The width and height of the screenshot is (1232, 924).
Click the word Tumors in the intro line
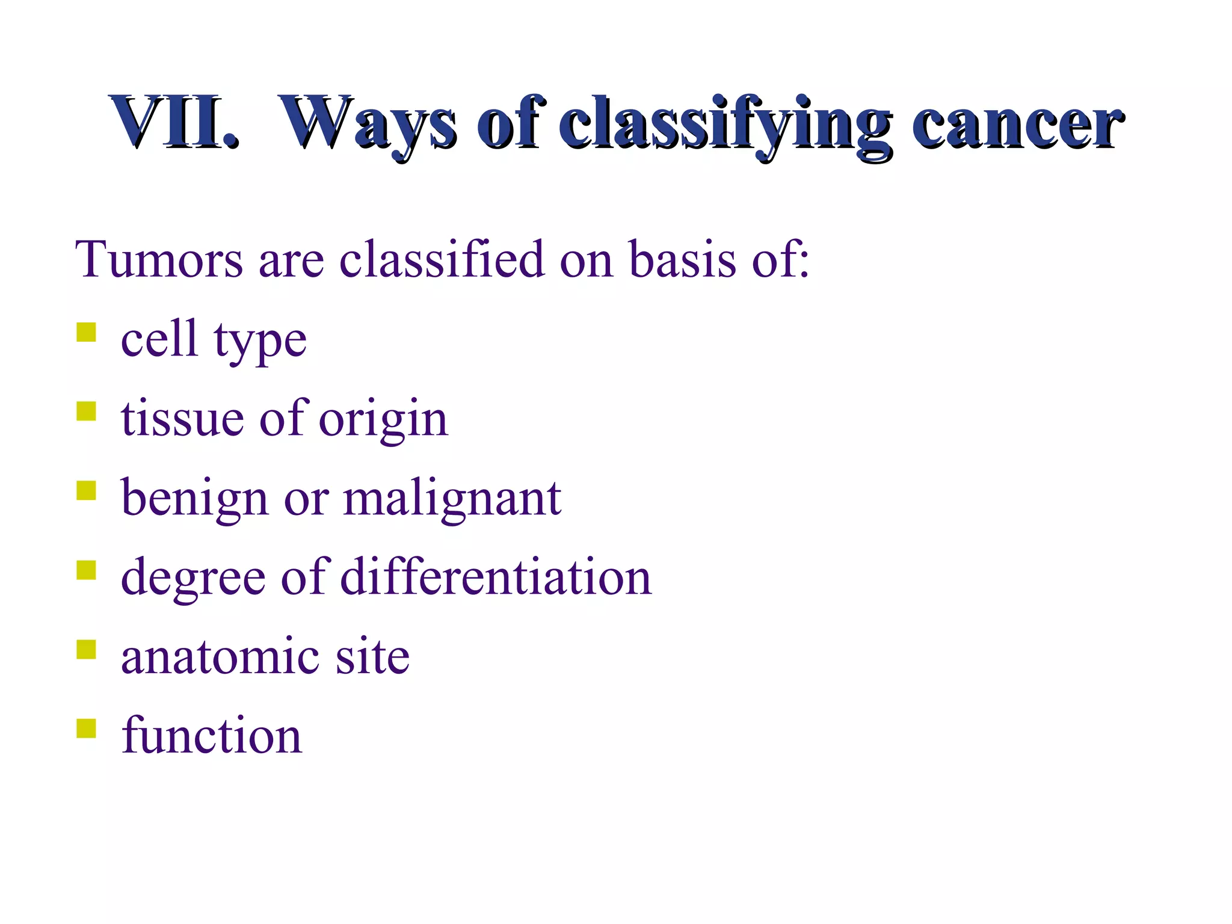pos(159,260)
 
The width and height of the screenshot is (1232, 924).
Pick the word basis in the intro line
pos(683,260)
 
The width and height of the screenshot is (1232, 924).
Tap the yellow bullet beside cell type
pos(87,332)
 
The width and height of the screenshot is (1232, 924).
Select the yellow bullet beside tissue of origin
pos(87,411)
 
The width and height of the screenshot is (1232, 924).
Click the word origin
pos(383,420)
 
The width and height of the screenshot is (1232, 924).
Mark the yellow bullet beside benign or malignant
pos(87,490)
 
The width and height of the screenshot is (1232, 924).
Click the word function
pos(211,735)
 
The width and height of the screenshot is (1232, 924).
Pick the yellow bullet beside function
pos(87,728)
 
